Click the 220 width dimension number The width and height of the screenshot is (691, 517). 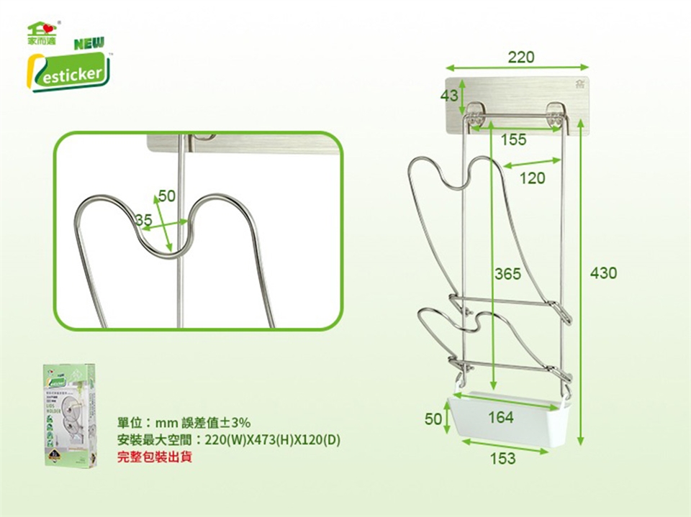tap(521, 58)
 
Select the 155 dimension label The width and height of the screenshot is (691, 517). tap(513, 139)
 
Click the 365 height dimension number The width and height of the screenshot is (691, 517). tap(507, 273)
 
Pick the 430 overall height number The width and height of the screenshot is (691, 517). tap(603, 273)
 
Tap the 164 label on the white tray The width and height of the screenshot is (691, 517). tap(501, 417)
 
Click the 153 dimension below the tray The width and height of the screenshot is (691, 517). tap(502, 458)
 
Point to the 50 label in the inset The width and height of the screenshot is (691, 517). tap(166, 196)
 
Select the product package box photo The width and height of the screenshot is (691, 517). tap(70, 415)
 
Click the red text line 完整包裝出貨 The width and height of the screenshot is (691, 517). tap(155, 456)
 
